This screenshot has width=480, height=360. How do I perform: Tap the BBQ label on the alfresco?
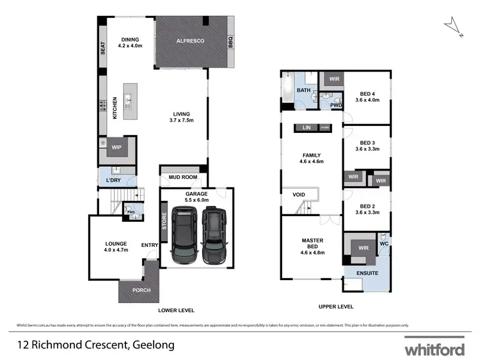230,43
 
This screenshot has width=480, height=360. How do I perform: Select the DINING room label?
130,43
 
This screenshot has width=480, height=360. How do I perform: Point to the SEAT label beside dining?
102,49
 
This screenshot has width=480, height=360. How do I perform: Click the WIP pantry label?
116,148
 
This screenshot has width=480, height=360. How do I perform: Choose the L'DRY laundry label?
113,180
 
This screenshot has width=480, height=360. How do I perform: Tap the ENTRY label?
149,244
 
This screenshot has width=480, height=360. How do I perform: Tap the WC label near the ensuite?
384,244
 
